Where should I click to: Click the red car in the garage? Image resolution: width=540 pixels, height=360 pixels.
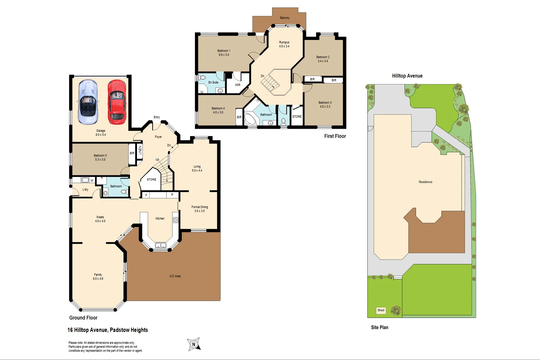(x=117, y=102)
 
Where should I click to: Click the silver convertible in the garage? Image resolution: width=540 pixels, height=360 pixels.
(x=88, y=102)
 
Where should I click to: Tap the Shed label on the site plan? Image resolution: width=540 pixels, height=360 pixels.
(x=381, y=310)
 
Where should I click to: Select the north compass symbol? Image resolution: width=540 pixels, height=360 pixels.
(x=194, y=344)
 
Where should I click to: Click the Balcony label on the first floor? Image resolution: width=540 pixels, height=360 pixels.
(x=285, y=18)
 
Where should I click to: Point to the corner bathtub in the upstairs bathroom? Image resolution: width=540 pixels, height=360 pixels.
(x=250, y=119)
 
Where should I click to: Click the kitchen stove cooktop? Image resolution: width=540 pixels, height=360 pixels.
(x=176, y=220)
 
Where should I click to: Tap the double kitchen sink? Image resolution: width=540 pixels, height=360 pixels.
(x=161, y=246)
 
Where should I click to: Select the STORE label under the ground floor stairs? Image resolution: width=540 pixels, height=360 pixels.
(x=151, y=179)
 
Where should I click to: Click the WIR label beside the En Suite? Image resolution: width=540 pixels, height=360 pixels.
(x=237, y=85)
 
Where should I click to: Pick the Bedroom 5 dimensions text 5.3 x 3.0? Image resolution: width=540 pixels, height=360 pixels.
(x=100, y=160)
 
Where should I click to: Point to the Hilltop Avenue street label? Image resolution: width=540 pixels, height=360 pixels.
(x=407, y=76)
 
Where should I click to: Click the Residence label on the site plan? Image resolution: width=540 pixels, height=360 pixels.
(x=425, y=182)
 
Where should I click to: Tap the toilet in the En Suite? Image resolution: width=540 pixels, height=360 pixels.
(x=202, y=77)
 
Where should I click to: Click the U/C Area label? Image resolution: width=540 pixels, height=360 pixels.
(x=175, y=276)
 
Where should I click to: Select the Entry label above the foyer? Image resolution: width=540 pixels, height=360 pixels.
(x=157, y=117)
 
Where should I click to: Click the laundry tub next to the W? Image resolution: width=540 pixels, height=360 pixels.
(x=85, y=180)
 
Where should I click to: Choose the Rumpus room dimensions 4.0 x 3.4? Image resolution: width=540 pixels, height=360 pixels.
(x=284, y=46)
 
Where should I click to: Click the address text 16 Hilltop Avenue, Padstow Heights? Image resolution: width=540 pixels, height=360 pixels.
(x=108, y=330)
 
